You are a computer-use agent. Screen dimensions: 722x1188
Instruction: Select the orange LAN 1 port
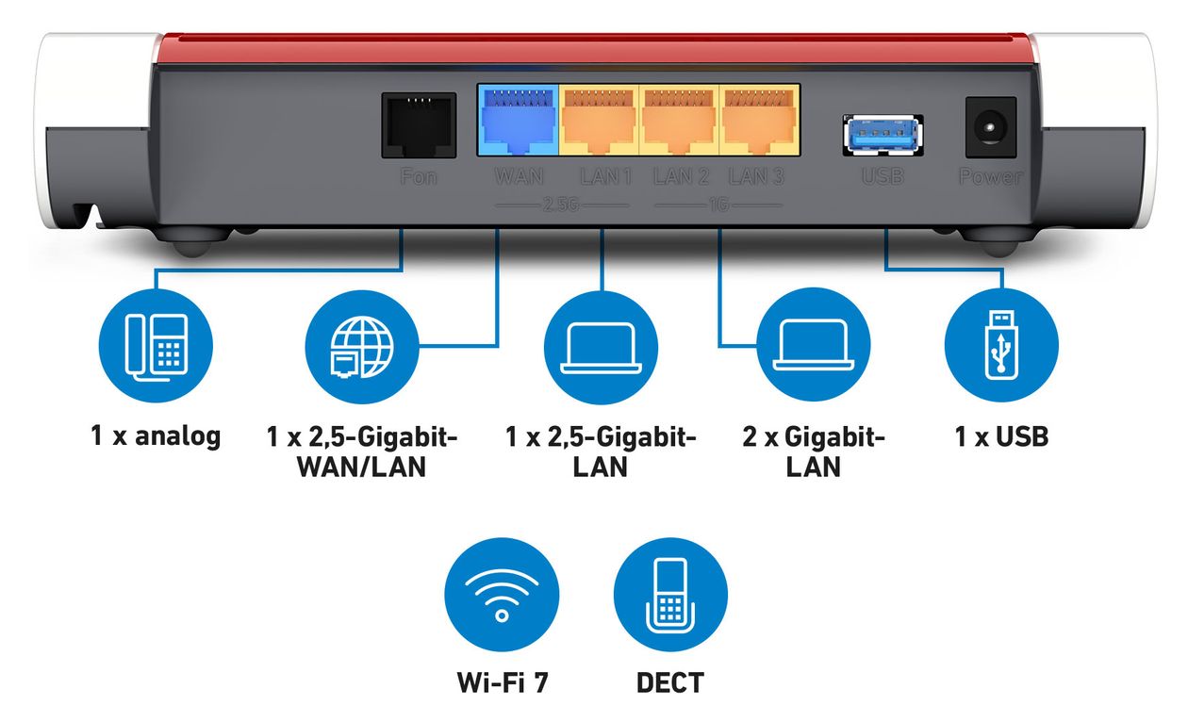[x=600, y=121]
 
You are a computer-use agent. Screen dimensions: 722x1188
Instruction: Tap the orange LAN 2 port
[x=680, y=121]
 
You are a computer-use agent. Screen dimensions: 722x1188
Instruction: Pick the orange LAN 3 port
[x=760, y=121]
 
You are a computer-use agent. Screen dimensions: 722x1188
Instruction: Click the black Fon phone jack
[x=419, y=125]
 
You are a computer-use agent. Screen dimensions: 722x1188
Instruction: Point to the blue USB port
[x=883, y=134]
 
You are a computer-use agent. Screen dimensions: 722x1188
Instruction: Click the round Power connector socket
[x=990, y=127]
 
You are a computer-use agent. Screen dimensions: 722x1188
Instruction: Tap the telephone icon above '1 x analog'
[x=157, y=346]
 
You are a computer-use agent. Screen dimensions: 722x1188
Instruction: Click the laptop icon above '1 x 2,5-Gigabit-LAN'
[x=601, y=346]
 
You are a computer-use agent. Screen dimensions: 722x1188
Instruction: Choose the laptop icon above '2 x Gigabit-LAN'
[x=814, y=346]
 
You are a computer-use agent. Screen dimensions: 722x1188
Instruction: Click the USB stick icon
[x=1001, y=346]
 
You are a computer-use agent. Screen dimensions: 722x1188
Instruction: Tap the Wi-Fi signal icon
[x=502, y=594]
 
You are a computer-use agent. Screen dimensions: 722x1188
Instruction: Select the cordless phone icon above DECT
[x=670, y=594]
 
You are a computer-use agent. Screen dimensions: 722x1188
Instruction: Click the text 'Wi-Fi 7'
[x=502, y=681]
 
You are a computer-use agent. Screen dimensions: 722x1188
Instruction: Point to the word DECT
[x=670, y=681]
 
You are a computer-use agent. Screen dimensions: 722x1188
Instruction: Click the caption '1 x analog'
[x=156, y=436]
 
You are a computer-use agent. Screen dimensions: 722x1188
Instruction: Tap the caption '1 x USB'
[x=1001, y=436]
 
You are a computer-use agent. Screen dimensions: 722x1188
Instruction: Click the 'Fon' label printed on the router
[x=419, y=176]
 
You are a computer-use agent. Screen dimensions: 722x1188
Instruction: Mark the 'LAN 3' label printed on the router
[x=757, y=176]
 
